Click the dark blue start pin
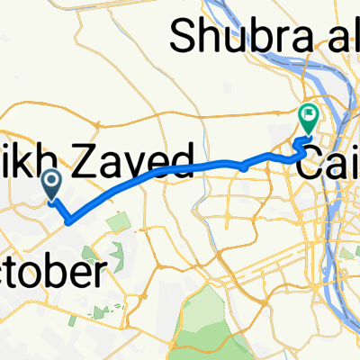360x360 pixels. click(51, 185)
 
